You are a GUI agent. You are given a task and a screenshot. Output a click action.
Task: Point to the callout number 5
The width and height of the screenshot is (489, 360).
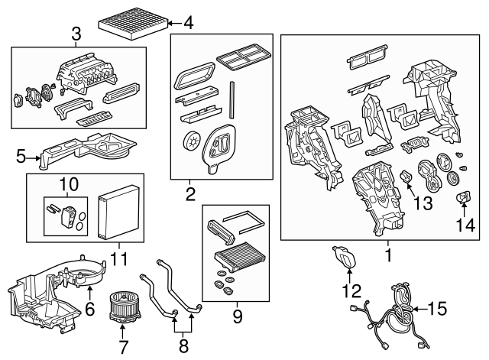[x=21, y=158]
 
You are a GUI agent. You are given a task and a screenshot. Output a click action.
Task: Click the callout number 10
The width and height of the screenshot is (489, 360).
[x=69, y=184]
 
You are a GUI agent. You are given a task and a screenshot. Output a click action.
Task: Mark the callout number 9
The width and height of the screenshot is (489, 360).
[x=236, y=314]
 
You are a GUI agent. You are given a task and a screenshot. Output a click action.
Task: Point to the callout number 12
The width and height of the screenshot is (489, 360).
[x=350, y=290]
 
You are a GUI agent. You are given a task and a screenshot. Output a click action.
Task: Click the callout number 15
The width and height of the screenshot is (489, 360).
[x=438, y=309]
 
